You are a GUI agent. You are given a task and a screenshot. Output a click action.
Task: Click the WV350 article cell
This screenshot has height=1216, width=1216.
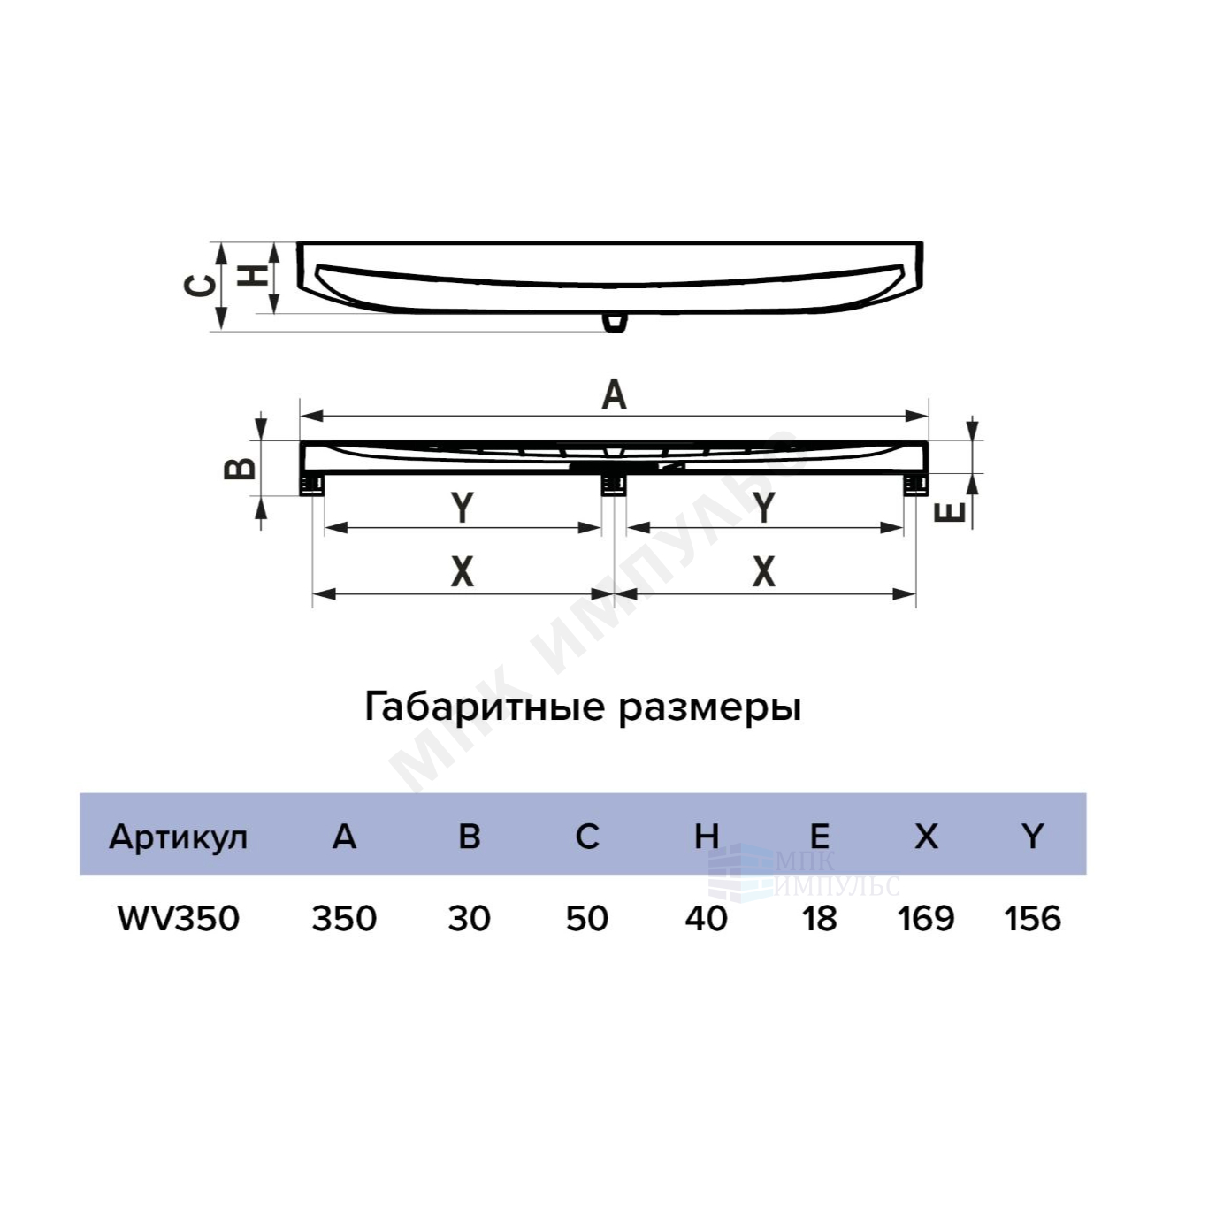[x=179, y=919]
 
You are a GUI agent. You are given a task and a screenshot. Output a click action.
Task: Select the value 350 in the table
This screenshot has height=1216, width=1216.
[x=344, y=919]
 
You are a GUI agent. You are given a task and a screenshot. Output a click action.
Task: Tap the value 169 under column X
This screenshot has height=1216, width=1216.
[x=926, y=919]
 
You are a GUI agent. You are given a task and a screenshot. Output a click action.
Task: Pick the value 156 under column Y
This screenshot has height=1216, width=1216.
[x=1032, y=919]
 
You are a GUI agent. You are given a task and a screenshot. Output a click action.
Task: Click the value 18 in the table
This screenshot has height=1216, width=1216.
[x=820, y=919]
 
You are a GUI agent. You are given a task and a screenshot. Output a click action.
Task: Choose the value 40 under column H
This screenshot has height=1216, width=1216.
[x=706, y=919]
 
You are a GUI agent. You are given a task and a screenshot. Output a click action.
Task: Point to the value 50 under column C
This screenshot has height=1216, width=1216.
[x=587, y=919]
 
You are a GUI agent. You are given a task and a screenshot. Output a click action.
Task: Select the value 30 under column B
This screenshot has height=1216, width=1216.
[x=469, y=919]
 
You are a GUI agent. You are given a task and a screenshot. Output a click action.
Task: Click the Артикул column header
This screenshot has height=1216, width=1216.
[x=178, y=838]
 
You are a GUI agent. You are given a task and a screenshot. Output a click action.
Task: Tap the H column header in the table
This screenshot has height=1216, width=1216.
[x=706, y=837]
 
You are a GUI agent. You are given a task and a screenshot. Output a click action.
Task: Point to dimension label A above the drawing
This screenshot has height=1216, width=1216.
[x=614, y=395]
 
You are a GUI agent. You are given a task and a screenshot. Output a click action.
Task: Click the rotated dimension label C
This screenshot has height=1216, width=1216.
[x=199, y=286]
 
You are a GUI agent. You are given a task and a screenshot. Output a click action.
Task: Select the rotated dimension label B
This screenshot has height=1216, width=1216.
[x=240, y=469]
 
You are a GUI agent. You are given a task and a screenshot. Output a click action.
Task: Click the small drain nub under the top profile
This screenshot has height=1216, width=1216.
[x=614, y=322]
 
